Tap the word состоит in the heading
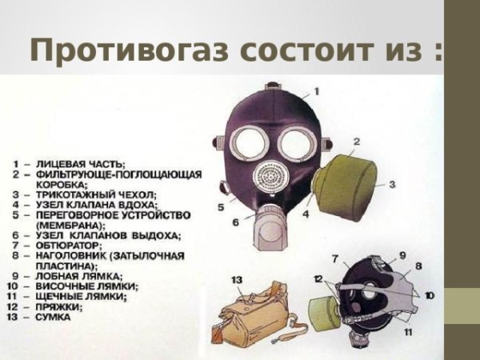click(x=303, y=50)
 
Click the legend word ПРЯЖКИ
click(x=55, y=306)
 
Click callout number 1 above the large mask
click(x=315, y=93)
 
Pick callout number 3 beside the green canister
click(x=393, y=184)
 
